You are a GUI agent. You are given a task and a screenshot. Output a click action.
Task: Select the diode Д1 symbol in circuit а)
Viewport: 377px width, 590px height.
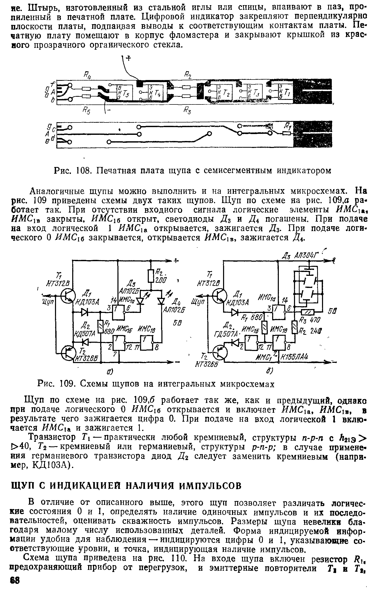pos(85,312)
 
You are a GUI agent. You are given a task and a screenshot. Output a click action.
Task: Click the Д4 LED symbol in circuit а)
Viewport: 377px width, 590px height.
pos(161,301)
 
